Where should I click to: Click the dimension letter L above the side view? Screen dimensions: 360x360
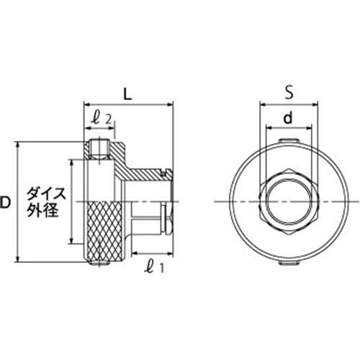(x=127, y=94)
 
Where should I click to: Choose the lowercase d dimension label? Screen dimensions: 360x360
(x=287, y=116)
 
